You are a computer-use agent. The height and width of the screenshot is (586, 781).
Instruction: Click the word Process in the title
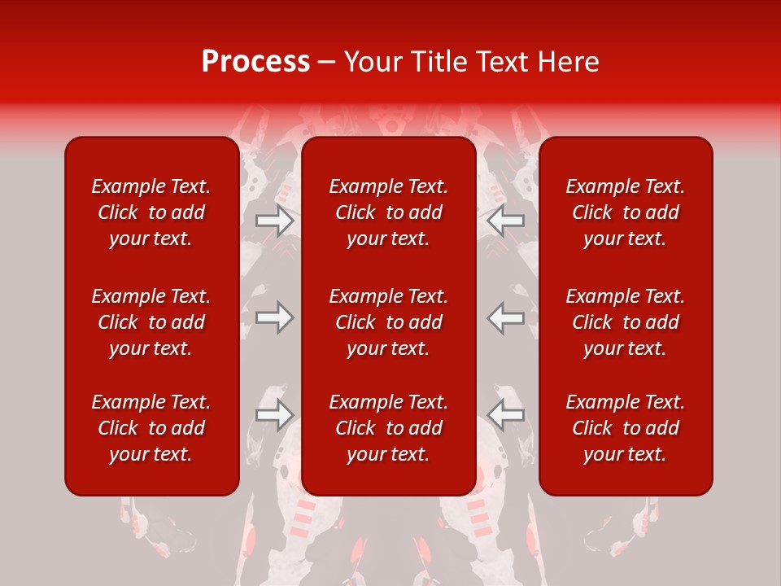(x=255, y=62)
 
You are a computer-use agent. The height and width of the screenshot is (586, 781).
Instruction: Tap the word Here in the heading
(x=568, y=62)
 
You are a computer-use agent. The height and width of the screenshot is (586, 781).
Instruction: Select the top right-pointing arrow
(x=274, y=221)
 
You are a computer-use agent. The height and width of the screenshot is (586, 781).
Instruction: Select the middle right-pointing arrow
(x=274, y=317)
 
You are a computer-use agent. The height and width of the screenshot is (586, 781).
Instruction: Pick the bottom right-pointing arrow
(x=274, y=414)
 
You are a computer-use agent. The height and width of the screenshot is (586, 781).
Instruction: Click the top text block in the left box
(x=151, y=212)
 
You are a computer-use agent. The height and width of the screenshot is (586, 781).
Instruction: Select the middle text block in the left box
(x=151, y=322)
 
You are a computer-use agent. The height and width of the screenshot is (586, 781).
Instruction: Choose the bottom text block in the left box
(x=151, y=428)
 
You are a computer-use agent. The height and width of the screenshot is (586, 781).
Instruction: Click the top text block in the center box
(x=389, y=212)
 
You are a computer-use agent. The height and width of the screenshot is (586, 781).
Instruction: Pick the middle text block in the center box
(x=389, y=322)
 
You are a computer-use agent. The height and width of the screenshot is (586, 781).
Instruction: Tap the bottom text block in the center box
(x=389, y=428)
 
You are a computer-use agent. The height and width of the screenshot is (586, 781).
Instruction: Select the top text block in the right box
(x=626, y=212)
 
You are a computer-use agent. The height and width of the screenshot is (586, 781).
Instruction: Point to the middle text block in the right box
(x=626, y=322)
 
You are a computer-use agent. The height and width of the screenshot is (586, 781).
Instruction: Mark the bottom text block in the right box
(x=626, y=428)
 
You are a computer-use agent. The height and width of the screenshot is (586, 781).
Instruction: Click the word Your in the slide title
(x=373, y=62)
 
